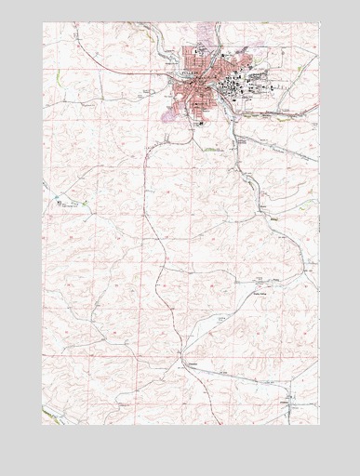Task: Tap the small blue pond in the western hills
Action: [58, 199]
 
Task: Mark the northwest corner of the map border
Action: [43, 22]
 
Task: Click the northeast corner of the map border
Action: [318, 22]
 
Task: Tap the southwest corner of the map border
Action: [43, 424]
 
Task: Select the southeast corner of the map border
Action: [318, 424]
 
